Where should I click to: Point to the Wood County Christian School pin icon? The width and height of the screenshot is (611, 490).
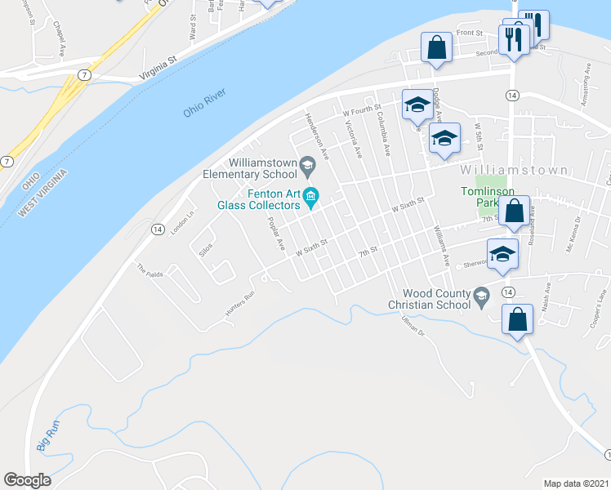click(x=482, y=295)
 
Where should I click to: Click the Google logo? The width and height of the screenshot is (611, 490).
click(x=27, y=480)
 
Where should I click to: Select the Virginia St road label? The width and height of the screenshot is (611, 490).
click(x=158, y=69)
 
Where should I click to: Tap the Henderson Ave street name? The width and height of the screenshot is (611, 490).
click(x=317, y=135)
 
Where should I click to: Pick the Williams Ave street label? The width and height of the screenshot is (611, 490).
click(x=442, y=246)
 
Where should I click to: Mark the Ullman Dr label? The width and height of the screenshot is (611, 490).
click(x=414, y=329)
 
